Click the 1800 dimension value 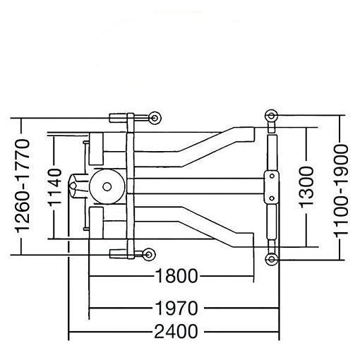point(172,276)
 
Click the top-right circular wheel point(272,115)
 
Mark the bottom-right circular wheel point(272,260)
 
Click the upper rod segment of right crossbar point(272,152)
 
